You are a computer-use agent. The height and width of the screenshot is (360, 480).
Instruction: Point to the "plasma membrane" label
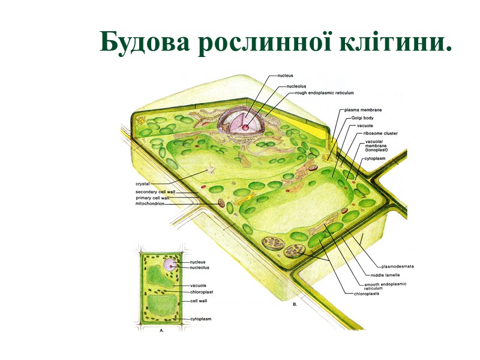coord(363,110)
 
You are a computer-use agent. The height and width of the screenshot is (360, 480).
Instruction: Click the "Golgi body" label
coord(362,118)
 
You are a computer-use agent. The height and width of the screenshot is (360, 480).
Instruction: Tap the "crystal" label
coord(143,183)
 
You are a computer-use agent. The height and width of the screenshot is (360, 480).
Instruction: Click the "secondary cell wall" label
coord(155,192)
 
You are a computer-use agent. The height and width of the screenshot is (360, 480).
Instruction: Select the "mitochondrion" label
coord(150,203)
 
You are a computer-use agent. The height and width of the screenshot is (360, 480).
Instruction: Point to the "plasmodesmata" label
coord(398,266)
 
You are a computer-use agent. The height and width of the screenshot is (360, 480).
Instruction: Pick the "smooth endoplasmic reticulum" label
coord(385,286)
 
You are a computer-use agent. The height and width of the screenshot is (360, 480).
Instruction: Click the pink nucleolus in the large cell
coord(245,127)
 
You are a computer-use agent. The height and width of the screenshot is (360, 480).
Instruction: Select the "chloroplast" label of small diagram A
coord(202,292)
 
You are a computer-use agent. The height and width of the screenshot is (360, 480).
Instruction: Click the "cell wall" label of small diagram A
coord(199,301)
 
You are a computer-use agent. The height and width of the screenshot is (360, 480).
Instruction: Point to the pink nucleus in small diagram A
coord(168,265)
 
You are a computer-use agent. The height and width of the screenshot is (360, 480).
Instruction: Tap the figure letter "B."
coord(295,305)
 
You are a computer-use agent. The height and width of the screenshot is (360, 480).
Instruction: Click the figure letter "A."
coord(161,330)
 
